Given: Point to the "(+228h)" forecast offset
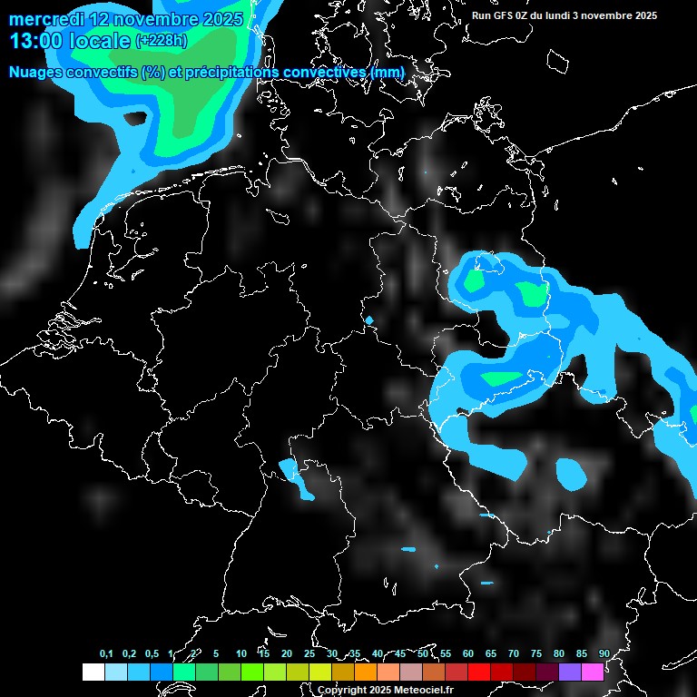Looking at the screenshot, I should (x=162, y=41).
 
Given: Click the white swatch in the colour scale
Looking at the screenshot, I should (x=93, y=672).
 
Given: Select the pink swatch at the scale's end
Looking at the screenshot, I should (x=592, y=672).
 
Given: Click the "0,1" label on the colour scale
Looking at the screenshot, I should (x=106, y=653).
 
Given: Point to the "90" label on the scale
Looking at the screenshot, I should (x=604, y=653).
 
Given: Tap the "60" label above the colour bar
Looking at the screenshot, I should (x=467, y=653).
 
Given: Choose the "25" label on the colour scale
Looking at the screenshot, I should (x=309, y=653).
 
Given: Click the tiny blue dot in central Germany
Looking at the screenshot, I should (x=369, y=319).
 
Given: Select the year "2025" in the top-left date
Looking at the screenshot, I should (x=221, y=19).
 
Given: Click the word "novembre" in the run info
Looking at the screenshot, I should (x=603, y=15).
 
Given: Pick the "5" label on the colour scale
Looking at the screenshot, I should (x=216, y=653).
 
